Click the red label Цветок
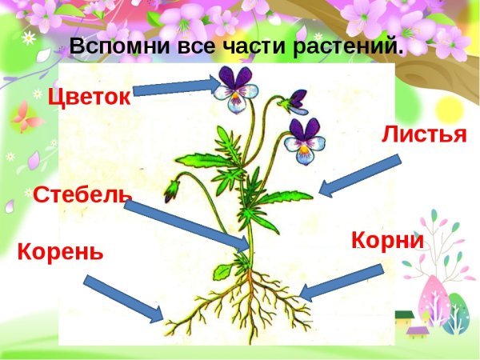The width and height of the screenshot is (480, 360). (x=88, y=98)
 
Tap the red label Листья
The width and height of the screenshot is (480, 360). (x=424, y=134)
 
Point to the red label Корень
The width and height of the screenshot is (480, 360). (x=60, y=252)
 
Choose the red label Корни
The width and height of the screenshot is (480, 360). (x=386, y=241)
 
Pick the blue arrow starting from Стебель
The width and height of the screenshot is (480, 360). (x=188, y=224)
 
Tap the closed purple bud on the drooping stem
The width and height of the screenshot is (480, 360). (x=171, y=190)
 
